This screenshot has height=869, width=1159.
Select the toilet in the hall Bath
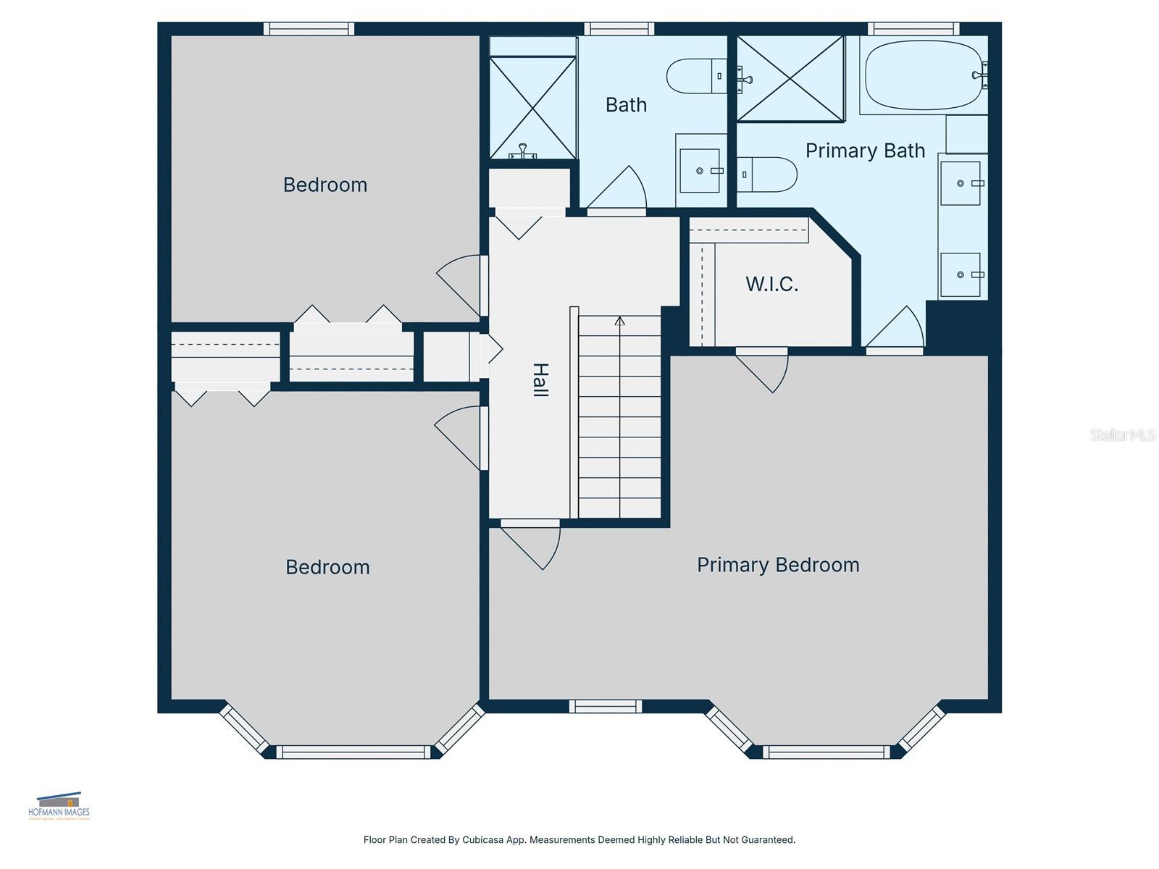696,76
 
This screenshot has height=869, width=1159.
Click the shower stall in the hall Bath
532,107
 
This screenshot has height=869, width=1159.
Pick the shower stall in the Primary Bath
790,78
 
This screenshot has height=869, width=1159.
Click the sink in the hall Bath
700,171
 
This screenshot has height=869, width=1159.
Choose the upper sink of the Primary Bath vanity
961,183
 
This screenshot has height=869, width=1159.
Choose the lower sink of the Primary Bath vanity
961,274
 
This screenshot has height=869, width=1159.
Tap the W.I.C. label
771,284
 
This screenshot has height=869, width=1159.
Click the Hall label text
540,379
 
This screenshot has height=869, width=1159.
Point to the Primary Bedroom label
778,565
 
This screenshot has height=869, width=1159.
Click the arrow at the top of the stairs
619,321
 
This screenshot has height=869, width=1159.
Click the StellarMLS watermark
1123,434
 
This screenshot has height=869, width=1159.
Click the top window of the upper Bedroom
309,29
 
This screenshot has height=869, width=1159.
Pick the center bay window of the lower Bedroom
353,752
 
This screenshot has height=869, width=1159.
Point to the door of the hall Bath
619,192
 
